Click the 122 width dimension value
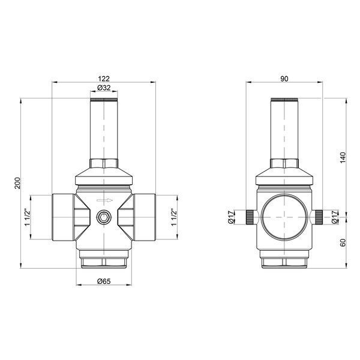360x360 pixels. (104, 79)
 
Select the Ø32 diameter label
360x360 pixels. (104, 88)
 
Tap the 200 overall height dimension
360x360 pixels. (17, 183)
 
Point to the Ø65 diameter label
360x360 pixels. (104, 281)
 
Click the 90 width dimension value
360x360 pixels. (284, 79)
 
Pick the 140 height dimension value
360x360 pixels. (343, 157)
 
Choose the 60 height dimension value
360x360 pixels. (343, 242)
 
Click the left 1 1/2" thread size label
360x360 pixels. (28, 217)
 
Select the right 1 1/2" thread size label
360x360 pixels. (174, 217)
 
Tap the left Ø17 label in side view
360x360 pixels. (231, 217)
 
